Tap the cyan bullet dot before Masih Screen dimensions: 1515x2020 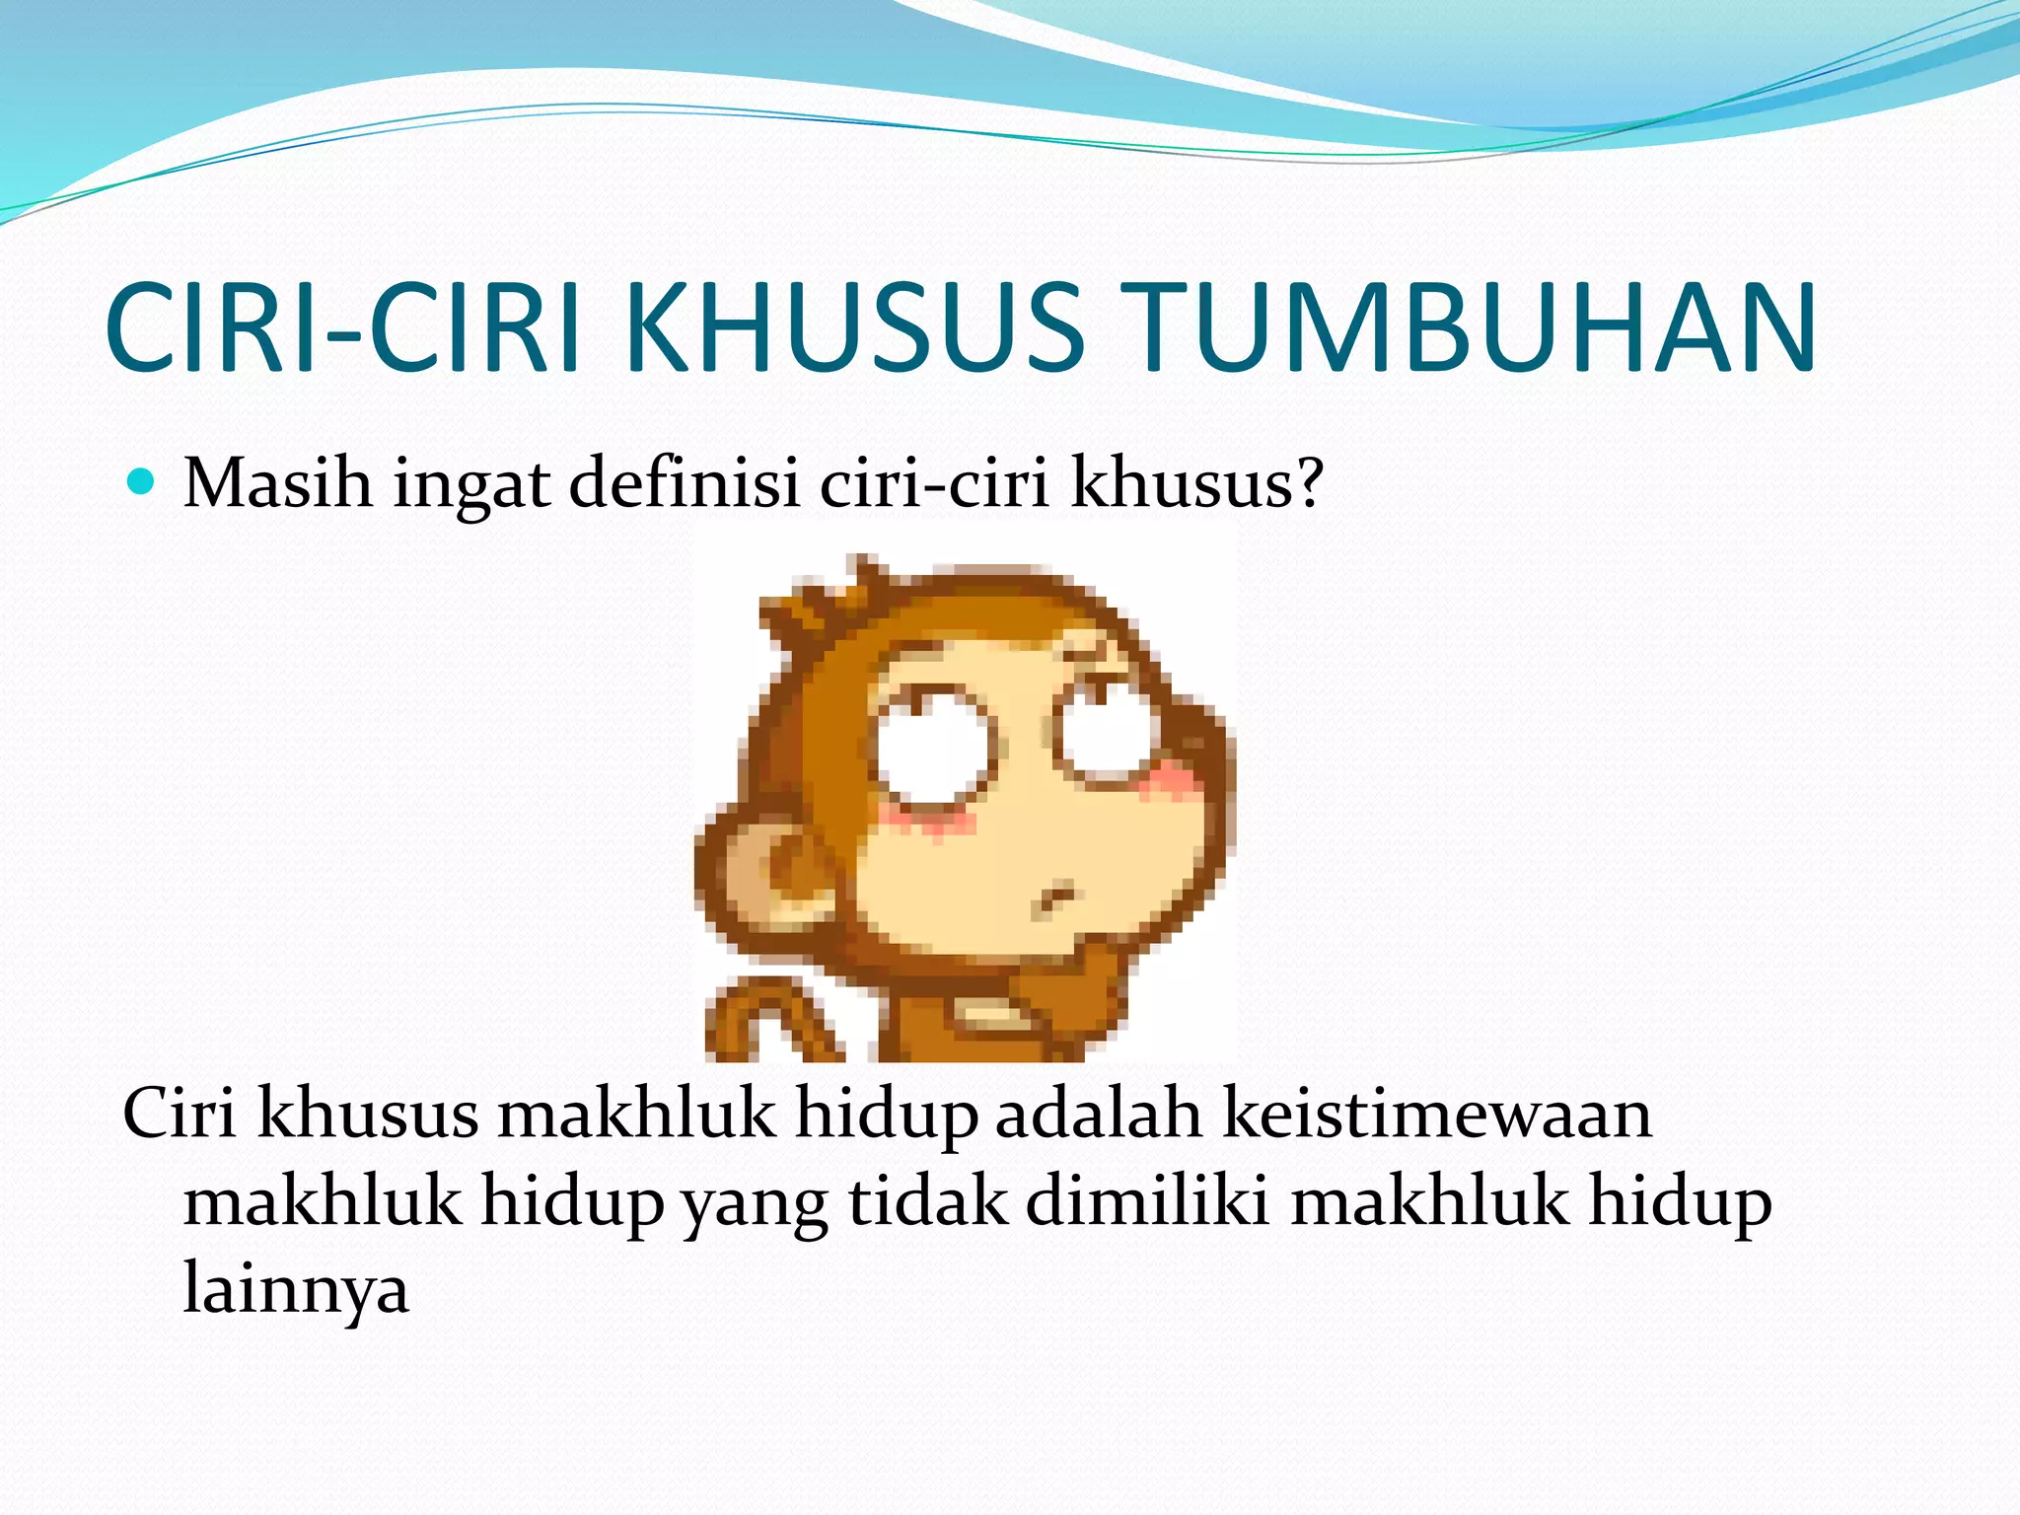pos(142,482)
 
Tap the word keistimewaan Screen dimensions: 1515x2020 pos(1437,1115)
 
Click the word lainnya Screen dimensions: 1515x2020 pos(296,1290)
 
